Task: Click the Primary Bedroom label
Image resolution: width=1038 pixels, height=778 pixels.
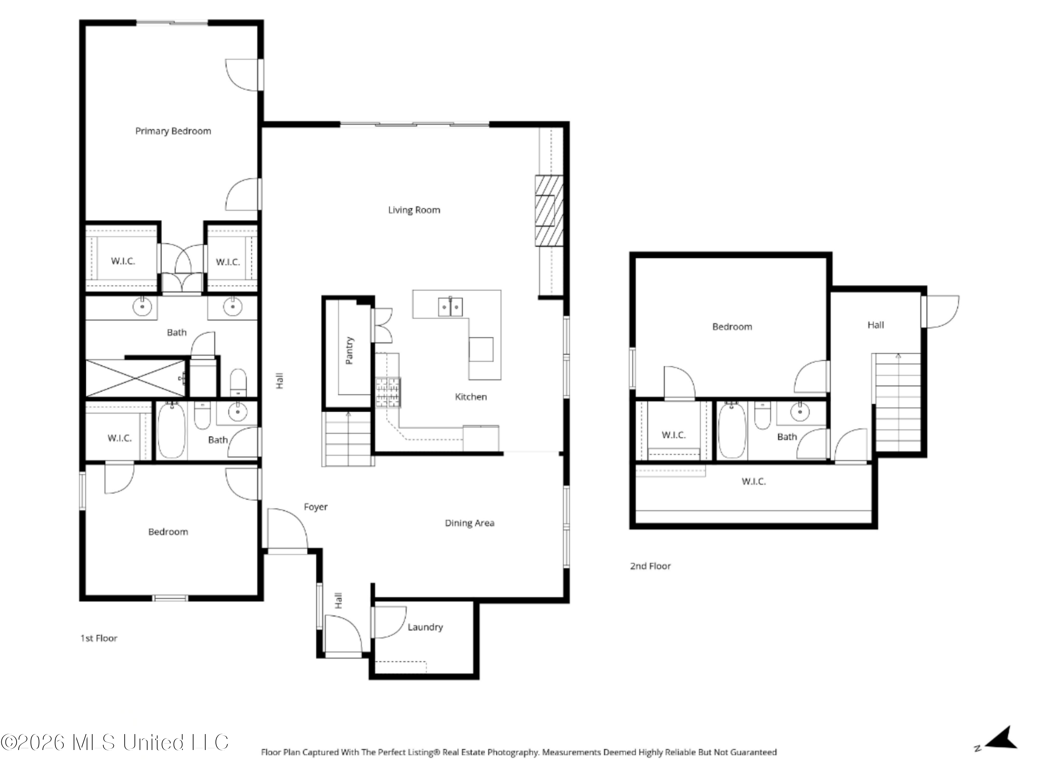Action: [x=173, y=131]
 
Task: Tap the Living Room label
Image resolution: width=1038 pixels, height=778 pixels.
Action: [x=414, y=210]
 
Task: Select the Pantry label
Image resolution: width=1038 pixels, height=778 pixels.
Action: [x=349, y=350]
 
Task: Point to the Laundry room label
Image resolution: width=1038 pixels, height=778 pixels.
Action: [x=425, y=627]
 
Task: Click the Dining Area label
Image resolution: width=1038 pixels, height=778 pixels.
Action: [x=469, y=523]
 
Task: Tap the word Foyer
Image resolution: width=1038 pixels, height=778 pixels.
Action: [x=316, y=507]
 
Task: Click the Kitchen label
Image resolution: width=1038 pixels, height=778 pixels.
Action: [x=471, y=397]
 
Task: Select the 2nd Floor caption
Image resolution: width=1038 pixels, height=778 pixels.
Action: [x=650, y=566]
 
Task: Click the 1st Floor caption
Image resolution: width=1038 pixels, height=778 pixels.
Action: [x=99, y=638]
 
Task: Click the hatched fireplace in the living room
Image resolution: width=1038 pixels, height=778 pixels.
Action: [x=549, y=211]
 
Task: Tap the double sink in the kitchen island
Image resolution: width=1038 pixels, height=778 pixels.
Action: [x=450, y=307]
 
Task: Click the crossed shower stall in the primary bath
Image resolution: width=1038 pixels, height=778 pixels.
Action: [x=136, y=378]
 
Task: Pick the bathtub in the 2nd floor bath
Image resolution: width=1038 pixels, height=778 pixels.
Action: [x=731, y=430]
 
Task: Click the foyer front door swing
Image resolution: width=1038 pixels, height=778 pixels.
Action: [x=288, y=528]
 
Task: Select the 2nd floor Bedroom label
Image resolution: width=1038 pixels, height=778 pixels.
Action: [x=732, y=327]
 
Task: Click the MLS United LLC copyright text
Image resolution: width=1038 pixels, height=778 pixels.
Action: [x=115, y=742]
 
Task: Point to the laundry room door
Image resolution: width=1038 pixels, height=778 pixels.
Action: [x=389, y=622]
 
